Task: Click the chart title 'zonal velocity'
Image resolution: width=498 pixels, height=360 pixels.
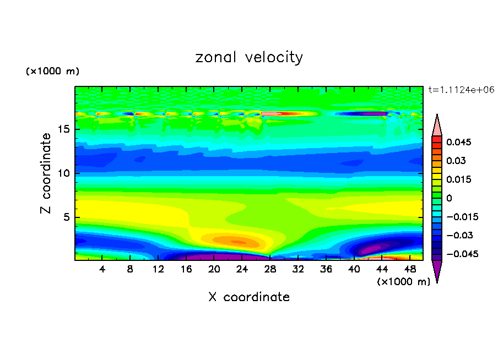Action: click(x=249, y=57)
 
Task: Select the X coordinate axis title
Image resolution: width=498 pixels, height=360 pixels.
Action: click(x=249, y=297)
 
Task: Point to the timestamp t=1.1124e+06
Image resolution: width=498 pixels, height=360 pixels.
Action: click(x=461, y=90)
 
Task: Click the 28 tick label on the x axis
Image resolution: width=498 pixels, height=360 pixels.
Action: click(x=270, y=269)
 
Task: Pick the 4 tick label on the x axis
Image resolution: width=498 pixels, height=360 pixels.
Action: click(x=102, y=269)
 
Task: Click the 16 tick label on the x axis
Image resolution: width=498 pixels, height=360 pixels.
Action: click(x=186, y=269)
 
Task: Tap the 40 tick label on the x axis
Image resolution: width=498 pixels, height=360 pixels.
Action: click(x=354, y=269)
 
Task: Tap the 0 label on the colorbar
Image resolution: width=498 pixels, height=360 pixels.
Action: click(x=449, y=198)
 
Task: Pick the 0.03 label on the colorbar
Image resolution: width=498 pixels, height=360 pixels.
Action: click(x=456, y=161)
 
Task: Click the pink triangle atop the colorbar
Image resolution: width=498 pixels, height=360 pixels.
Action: click(x=437, y=125)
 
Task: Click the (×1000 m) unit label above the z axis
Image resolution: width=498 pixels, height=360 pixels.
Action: click(x=52, y=72)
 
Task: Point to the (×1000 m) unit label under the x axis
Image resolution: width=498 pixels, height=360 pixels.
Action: click(x=403, y=282)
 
